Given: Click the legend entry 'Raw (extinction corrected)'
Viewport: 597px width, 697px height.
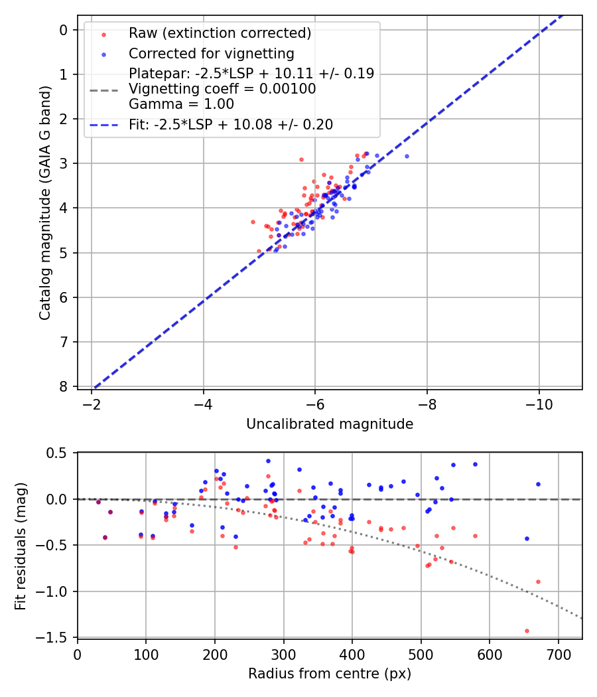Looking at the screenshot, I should point(220,33).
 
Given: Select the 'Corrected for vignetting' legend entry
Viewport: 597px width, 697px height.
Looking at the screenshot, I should point(212,53).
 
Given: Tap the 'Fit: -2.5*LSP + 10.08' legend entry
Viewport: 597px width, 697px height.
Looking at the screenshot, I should point(231,124).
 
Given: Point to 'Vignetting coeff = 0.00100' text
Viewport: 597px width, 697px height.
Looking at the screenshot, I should point(222,88).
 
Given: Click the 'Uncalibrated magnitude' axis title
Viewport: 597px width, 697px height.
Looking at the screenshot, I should point(330,424).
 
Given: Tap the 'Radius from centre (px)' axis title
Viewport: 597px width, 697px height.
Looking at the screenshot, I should point(330,674).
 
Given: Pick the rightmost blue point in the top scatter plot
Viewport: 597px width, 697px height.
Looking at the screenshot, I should point(407,156).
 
